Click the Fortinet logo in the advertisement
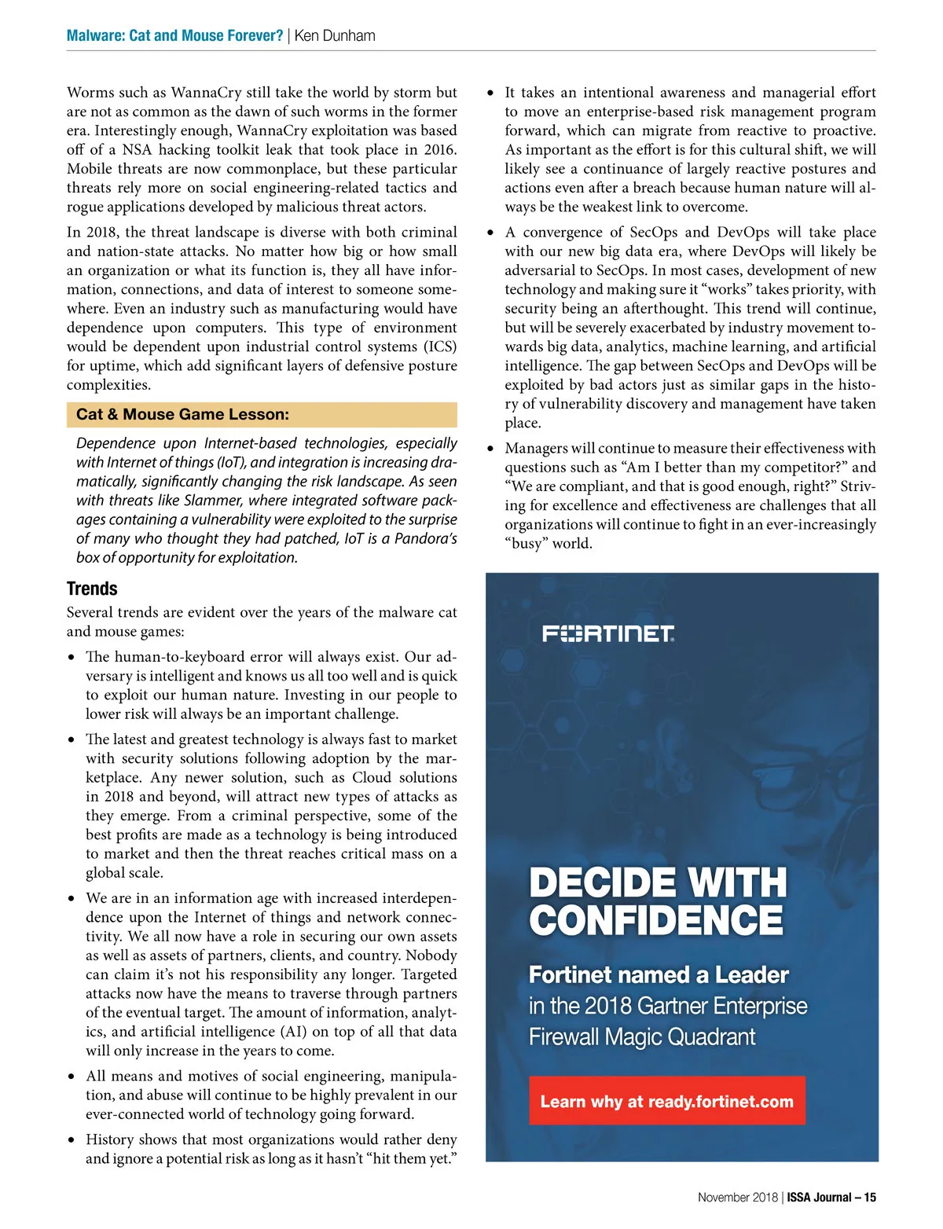(608, 633)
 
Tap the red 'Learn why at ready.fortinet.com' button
(666, 1101)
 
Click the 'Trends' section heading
(92, 589)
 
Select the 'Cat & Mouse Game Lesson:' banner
(262, 414)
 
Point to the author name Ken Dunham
(335, 35)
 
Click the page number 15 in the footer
(870, 1198)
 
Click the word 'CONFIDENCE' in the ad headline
(656, 920)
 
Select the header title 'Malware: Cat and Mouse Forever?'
(174, 35)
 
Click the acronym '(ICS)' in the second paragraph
(441, 347)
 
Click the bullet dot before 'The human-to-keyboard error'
(72, 657)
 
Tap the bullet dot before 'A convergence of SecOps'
(491, 233)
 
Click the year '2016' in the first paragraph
(437, 149)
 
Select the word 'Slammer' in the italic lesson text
(212, 501)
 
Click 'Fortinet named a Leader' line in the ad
(659, 975)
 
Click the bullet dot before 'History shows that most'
(72, 1139)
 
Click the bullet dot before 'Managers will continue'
(491, 449)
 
